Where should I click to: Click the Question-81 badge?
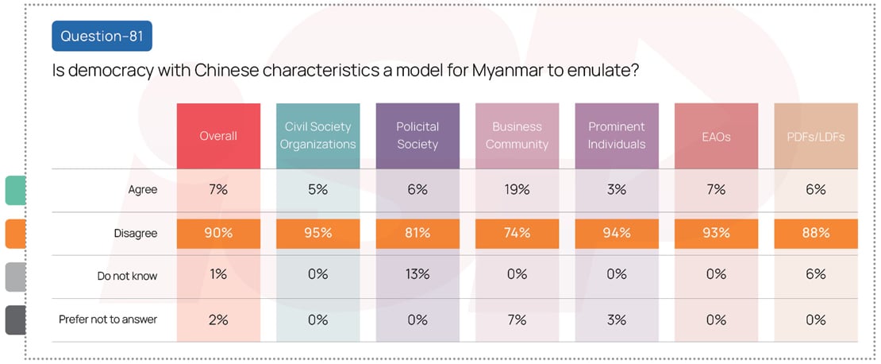tap(102, 36)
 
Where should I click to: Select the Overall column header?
tap(218, 136)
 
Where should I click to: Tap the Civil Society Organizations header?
tap(317, 136)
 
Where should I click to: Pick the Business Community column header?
tap(517, 136)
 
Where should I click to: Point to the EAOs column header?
tap(716, 136)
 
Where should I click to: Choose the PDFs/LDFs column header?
tap(815, 136)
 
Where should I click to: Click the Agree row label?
tap(144, 190)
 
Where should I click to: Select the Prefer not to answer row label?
tap(108, 319)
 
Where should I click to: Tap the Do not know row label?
tap(127, 276)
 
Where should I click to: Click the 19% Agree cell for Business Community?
tap(517, 190)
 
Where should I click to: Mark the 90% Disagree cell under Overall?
tap(218, 234)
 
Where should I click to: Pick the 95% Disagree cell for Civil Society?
tap(317, 234)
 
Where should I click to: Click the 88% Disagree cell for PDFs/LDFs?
tap(815, 234)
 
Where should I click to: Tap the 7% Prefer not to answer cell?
tap(517, 319)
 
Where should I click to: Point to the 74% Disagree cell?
tap(517, 234)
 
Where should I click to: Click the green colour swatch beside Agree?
tap(15, 191)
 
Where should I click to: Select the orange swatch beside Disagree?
tap(15, 234)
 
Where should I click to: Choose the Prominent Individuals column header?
tap(617, 136)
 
